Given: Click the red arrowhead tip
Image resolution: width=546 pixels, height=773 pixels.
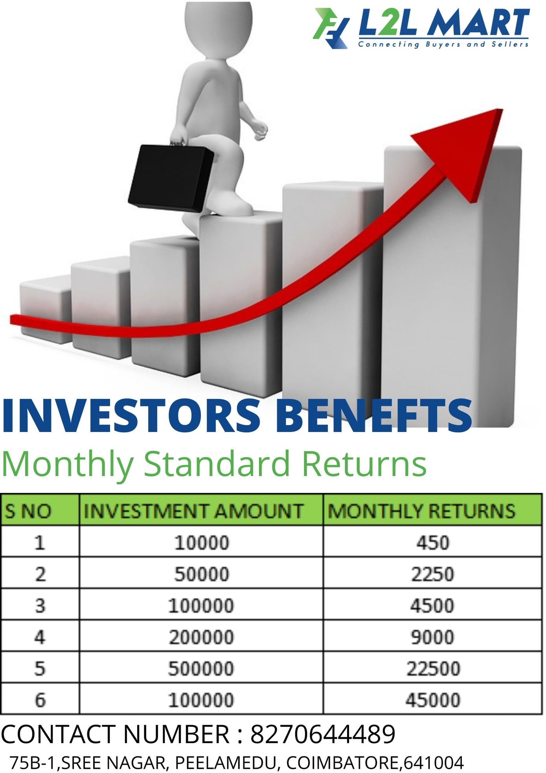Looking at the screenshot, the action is [x=502, y=109].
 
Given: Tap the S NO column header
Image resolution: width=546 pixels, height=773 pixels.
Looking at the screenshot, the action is [x=28, y=511].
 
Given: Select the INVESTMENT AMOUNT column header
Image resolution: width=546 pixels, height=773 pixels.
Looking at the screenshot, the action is [x=193, y=511].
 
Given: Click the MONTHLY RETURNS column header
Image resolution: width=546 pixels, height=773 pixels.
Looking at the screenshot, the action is [x=421, y=511].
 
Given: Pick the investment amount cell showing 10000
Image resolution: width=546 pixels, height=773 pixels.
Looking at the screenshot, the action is [x=202, y=543].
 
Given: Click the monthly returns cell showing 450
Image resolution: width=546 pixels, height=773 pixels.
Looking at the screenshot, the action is [x=433, y=543].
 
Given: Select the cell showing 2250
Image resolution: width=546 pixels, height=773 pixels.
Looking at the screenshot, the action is [x=433, y=574].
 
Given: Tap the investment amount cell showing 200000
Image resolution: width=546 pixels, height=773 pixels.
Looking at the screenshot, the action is [x=202, y=637].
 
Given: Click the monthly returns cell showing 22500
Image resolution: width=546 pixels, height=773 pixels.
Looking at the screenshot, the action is [x=433, y=668].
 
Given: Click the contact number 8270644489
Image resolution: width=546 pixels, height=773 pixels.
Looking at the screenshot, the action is [x=323, y=734].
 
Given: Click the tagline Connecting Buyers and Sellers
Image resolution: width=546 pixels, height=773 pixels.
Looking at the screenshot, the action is [x=443, y=44].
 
